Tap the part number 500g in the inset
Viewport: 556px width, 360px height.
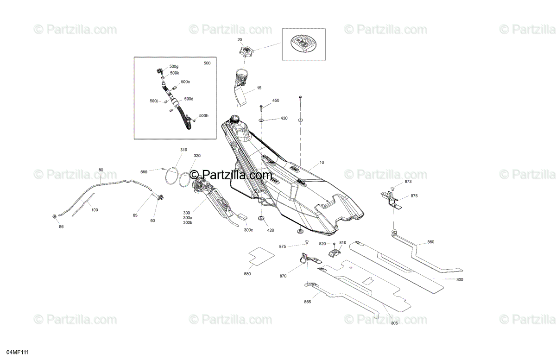(174, 67)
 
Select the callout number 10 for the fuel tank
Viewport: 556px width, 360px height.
(322, 163)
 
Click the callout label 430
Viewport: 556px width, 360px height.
(284, 119)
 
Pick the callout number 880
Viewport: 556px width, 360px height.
(247, 274)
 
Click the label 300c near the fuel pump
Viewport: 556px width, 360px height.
(248, 230)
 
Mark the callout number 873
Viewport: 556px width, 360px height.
(408, 181)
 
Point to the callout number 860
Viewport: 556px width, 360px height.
(430, 242)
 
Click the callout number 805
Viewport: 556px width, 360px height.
(394, 322)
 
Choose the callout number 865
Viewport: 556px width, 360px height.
(308, 302)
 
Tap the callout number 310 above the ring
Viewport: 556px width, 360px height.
(184, 150)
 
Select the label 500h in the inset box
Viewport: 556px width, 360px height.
(203, 115)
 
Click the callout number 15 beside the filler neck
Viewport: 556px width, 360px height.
(259, 88)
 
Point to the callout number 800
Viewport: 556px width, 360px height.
(459, 279)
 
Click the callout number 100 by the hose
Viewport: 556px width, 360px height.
(95, 210)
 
